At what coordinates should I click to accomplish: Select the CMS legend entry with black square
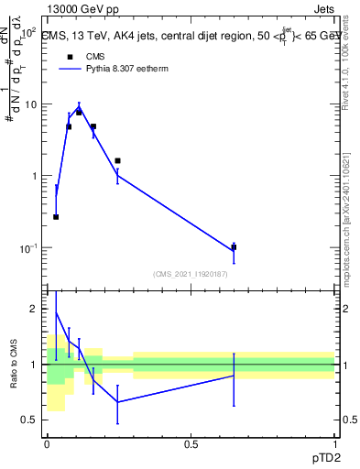pos(70,57)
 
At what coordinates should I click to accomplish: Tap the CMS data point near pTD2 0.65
pos(234,247)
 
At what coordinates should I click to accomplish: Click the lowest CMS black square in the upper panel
pos(56,217)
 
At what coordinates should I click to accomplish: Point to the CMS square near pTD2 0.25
pos(117,160)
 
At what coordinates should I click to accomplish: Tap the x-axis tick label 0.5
pos(191,444)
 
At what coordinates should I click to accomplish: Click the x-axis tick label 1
pos(334,444)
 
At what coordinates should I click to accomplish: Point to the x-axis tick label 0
pos(47,444)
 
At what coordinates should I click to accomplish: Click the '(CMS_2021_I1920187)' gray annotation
pos(190,273)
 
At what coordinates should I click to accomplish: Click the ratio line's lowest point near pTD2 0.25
pos(117,402)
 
